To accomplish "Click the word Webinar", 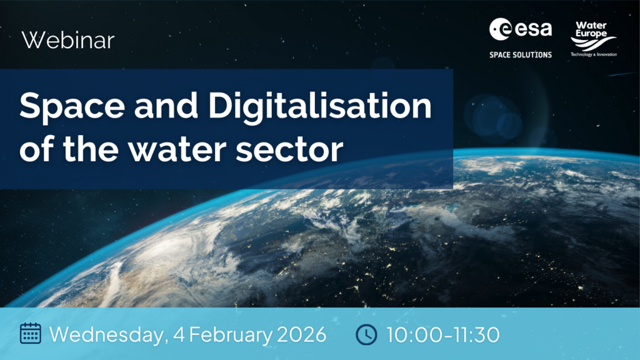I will coord(68,41).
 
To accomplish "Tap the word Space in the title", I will coord(67,107).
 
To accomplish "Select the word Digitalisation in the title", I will coord(319,107).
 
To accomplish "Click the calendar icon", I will coord(30,334).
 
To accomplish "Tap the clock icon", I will coord(366,334).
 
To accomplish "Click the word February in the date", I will coord(231,334).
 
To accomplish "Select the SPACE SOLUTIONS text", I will coord(521,55).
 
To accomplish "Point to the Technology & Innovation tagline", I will coord(593,55).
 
